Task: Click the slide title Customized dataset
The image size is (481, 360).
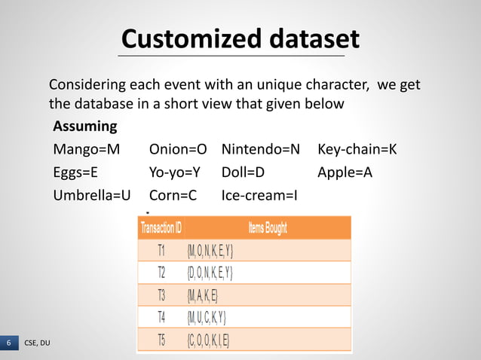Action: pos(240,38)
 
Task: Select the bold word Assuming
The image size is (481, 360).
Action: pos(85,125)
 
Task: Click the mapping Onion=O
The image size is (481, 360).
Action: pos(178,148)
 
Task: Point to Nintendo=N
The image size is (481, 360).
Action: pos(261,148)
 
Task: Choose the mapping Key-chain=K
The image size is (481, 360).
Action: pos(357,148)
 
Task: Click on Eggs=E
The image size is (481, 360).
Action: pos(75,172)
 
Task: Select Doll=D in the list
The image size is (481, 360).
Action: pos(244,172)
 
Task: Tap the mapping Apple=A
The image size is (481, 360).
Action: pos(345,172)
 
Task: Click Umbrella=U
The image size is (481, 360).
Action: pos(92,196)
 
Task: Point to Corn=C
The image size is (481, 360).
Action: pos(173,196)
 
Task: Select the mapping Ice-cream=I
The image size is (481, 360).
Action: pos(260,196)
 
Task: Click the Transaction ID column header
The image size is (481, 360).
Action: pos(161,227)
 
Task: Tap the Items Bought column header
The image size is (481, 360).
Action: pos(268,227)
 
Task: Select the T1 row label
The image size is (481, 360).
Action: pos(161,250)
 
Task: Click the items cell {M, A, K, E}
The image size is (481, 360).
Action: pos(203,294)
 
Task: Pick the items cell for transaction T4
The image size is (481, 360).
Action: pos(207,316)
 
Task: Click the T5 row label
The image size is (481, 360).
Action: pos(161,339)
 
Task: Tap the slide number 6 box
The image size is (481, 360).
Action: pos(9,343)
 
